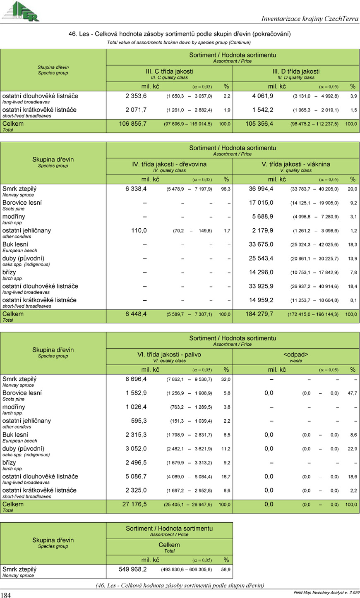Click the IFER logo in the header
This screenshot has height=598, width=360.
tap(21, 11)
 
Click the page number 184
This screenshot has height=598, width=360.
tap(6, 595)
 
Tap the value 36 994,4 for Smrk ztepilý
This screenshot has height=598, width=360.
tap(261, 189)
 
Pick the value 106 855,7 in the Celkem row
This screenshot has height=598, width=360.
tap(132, 124)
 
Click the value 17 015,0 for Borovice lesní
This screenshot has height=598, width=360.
tap(261, 203)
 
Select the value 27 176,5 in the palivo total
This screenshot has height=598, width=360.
tap(134, 504)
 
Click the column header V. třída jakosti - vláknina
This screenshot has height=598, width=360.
tap(296, 164)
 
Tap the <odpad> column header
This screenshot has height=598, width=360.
tap(296, 354)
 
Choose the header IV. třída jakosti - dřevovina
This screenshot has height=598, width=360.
tap(169, 164)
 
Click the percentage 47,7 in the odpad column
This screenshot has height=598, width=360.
tap(352, 393)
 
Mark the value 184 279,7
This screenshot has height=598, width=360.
tap(259, 314)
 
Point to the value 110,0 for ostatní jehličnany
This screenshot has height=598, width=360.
tap(139, 230)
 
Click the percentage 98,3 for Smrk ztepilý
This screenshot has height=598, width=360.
tap(226, 189)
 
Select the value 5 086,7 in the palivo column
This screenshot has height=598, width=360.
tap(136, 476)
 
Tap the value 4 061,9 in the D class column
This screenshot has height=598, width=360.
tap(262, 96)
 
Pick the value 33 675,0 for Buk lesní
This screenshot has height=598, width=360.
tap(261, 244)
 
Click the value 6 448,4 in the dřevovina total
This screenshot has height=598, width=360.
tap(136, 314)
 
